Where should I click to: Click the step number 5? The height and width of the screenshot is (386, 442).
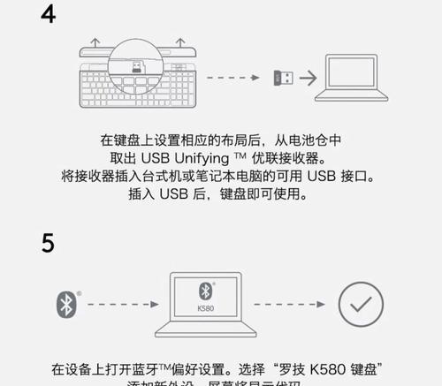pos(49,242)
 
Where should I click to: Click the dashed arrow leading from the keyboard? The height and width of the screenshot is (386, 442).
pos(238,78)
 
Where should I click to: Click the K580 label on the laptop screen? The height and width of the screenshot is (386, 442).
pos(203,310)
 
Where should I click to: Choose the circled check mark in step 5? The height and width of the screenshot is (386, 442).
pos(361,306)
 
